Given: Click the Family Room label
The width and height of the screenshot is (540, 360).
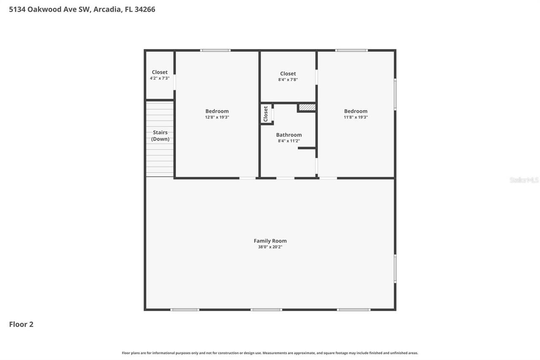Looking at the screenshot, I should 270,241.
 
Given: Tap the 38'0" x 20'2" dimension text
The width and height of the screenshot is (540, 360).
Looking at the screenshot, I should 270,247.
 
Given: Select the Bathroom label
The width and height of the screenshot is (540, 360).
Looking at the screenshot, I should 289,135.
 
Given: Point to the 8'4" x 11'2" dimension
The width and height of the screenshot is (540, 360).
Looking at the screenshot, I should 289,141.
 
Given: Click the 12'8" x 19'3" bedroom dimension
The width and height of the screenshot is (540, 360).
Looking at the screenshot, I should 217,117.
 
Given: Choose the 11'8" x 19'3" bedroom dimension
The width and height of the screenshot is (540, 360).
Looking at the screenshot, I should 356,117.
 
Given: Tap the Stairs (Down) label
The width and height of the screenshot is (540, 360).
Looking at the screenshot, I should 160,136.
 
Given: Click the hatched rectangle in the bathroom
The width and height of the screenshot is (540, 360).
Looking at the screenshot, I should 307,108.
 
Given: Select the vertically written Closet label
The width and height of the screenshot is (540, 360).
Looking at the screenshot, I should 266,114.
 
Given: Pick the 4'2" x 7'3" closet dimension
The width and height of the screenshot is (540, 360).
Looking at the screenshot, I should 159,78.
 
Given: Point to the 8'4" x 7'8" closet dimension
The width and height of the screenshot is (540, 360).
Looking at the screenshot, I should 288,79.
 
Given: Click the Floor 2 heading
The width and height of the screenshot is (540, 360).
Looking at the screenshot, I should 21,324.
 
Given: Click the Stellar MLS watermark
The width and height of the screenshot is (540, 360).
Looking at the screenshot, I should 524,180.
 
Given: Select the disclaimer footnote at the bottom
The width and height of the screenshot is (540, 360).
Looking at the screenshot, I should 270,353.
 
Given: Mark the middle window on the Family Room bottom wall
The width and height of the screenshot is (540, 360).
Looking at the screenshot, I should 266,310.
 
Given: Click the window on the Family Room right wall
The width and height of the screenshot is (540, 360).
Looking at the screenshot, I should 395,268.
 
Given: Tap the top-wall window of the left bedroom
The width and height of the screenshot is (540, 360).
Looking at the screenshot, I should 215,51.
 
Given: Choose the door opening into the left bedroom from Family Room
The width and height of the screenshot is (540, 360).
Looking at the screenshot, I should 248,178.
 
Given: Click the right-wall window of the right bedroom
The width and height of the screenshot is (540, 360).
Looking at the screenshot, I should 395,94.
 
